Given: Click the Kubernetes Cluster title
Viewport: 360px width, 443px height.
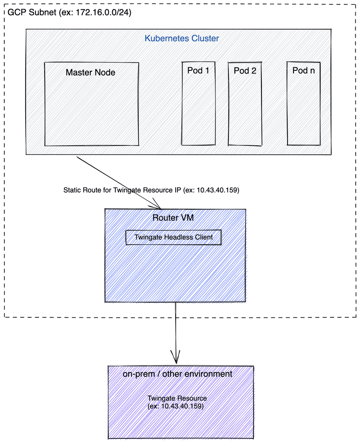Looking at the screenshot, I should click(182, 39).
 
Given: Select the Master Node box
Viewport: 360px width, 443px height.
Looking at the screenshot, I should click(91, 104).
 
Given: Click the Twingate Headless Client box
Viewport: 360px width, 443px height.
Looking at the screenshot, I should click(174, 237).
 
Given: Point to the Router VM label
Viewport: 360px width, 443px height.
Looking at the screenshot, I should click(173, 218).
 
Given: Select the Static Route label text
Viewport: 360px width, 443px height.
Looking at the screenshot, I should click(151, 190).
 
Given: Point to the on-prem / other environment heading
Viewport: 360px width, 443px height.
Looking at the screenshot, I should click(177, 374).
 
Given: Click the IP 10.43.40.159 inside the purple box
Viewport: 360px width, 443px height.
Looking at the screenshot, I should click(181, 406).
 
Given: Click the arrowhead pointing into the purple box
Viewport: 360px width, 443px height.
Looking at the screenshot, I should click(176, 357).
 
